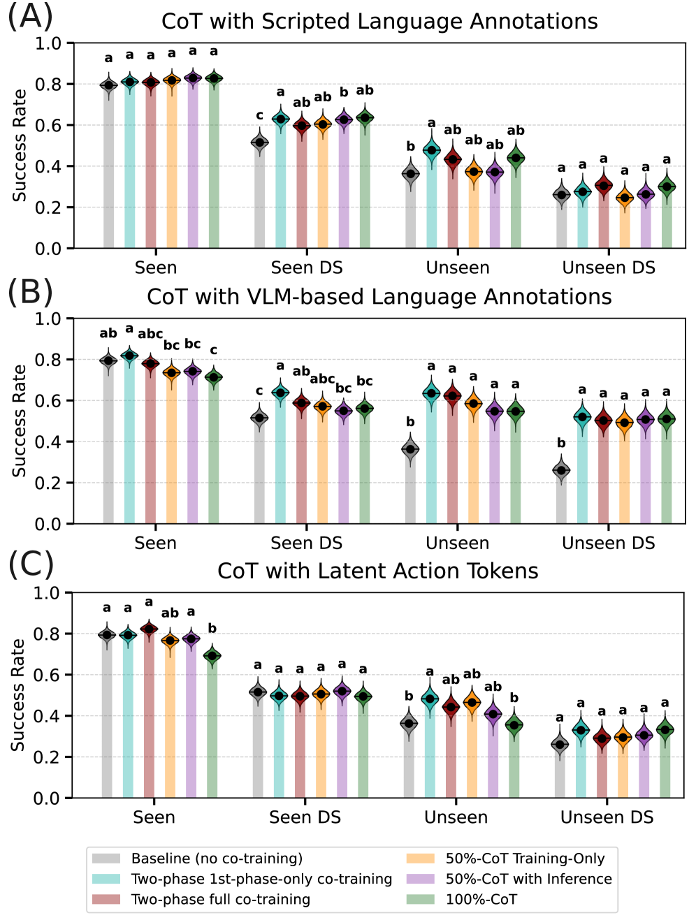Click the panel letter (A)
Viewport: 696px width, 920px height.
(x=30, y=17)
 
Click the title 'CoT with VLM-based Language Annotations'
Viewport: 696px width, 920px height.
(x=379, y=297)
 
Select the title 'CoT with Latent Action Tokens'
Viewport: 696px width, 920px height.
(x=377, y=571)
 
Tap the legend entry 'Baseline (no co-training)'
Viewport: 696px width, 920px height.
(x=217, y=859)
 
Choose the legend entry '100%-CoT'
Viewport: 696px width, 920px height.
(x=481, y=899)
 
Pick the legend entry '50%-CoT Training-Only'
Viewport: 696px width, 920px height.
(x=525, y=859)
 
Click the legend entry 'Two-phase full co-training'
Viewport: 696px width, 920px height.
(x=220, y=899)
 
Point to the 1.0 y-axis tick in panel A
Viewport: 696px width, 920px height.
(x=49, y=43)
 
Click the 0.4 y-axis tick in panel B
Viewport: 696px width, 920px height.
(x=49, y=441)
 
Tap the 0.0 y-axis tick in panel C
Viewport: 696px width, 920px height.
(x=48, y=798)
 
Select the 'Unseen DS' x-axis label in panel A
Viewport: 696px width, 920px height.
(x=609, y=268)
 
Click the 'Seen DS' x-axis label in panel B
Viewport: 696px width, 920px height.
(x=306, y=543)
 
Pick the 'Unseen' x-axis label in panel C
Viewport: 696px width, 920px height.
(x=456, y=817)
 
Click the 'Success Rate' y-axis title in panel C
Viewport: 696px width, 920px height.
(x=18, y=695)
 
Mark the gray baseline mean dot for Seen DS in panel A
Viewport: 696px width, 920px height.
(x=259, y=143)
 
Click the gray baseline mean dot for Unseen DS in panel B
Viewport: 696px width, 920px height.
(x=561, y=471)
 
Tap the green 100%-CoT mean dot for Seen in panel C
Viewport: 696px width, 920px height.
(x=212, y=656)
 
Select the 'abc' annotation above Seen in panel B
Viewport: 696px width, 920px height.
(x=150, y=334)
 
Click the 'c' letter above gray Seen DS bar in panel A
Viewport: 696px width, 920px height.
(x=259, y=116)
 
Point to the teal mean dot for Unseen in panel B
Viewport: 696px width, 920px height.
(x=431, y=393)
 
